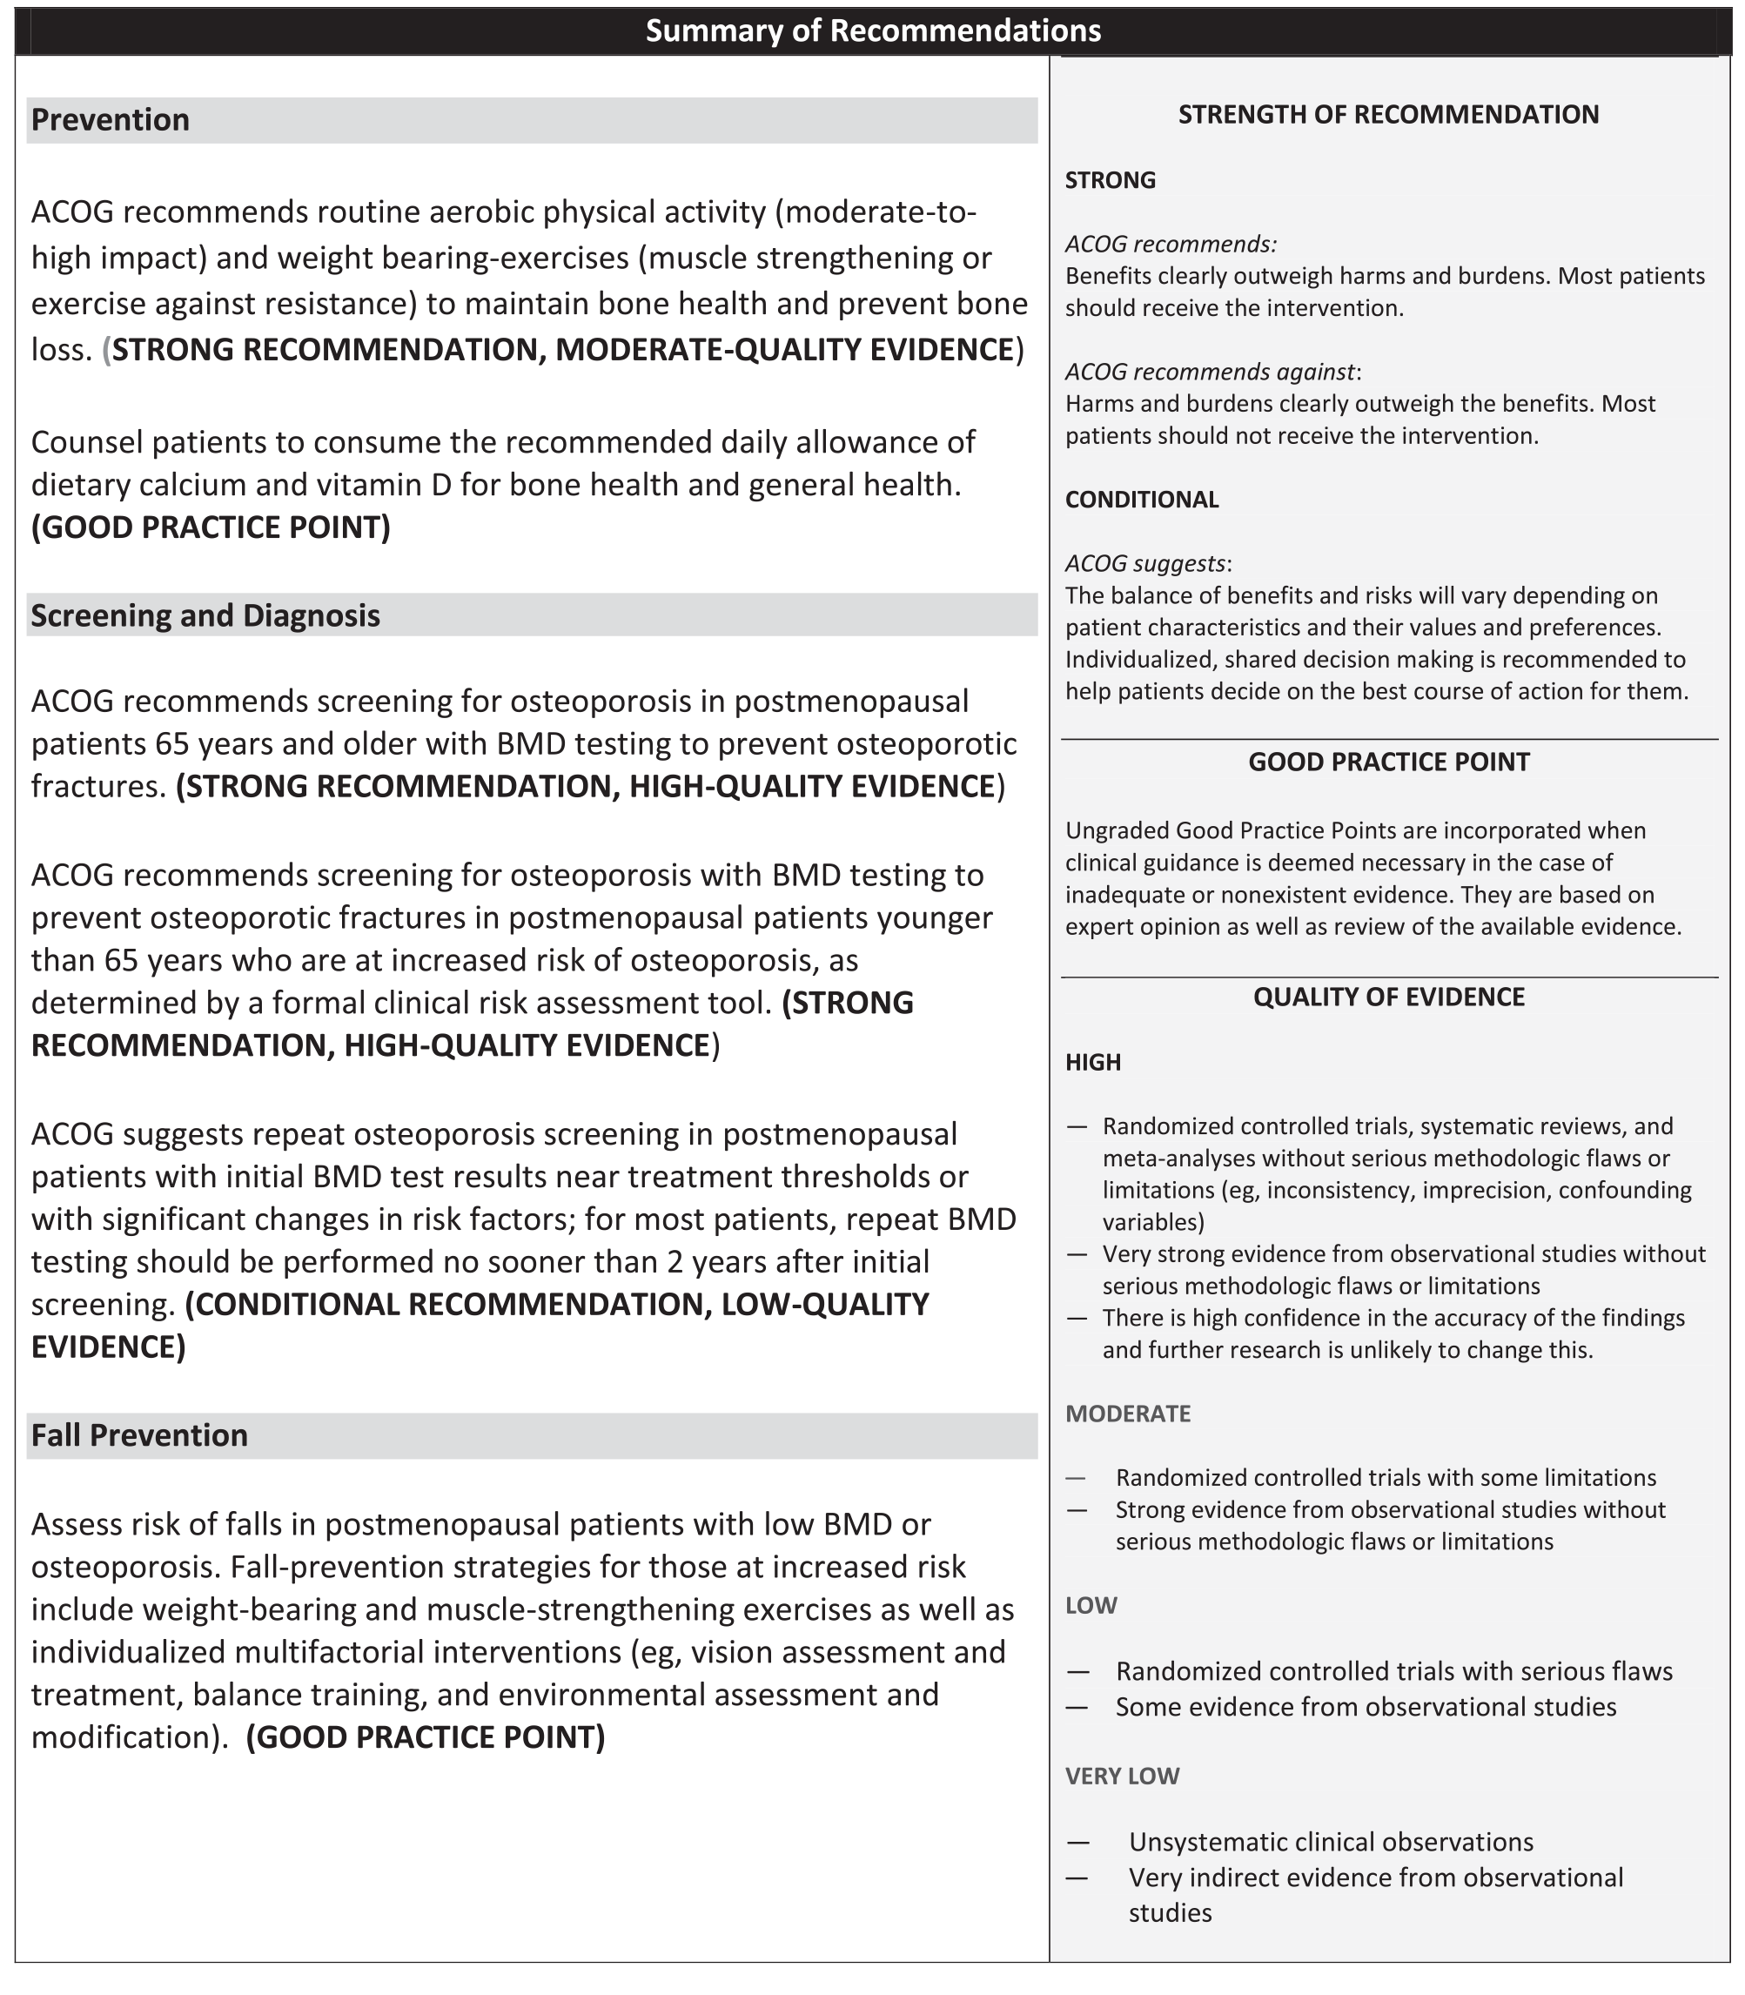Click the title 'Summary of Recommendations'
click(872, 31)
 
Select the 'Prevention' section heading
click(110, 120)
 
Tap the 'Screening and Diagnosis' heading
click(205, 615)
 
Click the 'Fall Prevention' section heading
click(139, 1435)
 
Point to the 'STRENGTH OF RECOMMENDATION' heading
click(1387, 115)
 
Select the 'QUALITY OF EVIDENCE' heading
click(1387, 997)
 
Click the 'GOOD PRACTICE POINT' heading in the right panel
click(1387, 762)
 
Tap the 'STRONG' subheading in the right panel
click(1111, 180)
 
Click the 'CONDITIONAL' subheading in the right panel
click(1141, 500)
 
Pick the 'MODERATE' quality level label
click(1128, 1414)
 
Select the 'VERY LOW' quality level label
click(1122, 1776)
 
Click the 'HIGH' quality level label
click(1092, 1062)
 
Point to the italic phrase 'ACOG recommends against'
click(1210, 372)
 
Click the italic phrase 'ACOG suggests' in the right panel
click(1145, 564)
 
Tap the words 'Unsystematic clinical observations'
click(1330, 1842)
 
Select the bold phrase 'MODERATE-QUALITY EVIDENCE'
click(785, 351)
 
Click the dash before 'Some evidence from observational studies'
click(1077, 1707)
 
